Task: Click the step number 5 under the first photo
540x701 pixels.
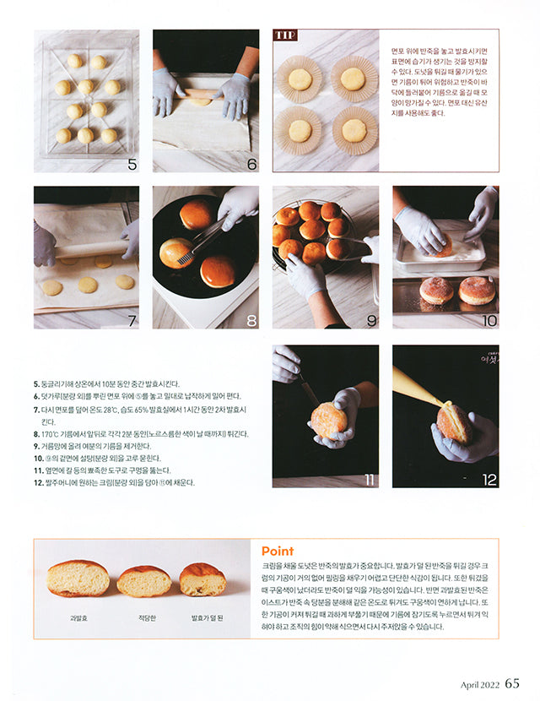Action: [x=132, y=165]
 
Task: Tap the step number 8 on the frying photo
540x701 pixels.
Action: [x=251, y=321]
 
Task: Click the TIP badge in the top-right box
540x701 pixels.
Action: [x=284, y=35]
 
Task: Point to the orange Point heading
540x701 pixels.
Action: [x=278, y=552]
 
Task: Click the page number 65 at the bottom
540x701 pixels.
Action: [x=512, y=684]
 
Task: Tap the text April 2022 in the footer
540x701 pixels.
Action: [x=479, y=685]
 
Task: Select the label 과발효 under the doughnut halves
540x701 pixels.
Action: [x=78, y=618]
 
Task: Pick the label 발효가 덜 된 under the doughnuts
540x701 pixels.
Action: [x=207, y=618]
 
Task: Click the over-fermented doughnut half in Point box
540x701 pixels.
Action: [x=78, y=579]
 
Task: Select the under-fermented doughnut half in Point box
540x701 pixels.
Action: [x=203, y=579]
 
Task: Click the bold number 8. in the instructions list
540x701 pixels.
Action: [x=38, y=433]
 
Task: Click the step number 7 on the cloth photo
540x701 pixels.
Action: [x=132, y=321]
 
